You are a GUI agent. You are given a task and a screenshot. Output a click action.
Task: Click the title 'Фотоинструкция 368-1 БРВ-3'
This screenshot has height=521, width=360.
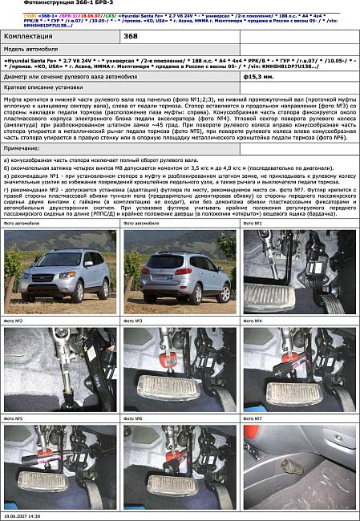tap(50, 5)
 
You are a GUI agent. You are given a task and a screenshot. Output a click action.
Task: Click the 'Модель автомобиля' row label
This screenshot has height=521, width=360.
tap(33, 50)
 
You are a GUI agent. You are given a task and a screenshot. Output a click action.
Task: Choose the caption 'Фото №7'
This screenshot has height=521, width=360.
tap(253, 418)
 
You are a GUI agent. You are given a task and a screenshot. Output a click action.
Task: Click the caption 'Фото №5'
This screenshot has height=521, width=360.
tap(14, 418)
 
